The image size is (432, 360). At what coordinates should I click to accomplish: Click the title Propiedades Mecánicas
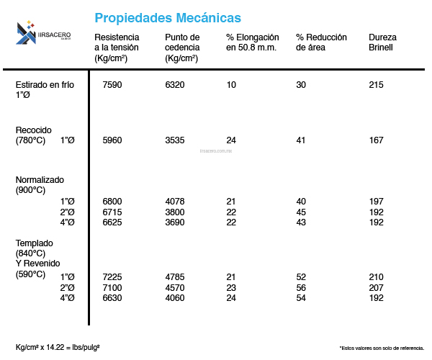[168, 17]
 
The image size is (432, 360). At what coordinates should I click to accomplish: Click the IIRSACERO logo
[45, 32]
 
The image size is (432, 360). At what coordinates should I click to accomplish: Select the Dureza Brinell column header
[382, 42]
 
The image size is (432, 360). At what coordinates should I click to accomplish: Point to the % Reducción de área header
[321, 42]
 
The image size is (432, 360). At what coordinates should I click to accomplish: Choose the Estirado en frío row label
[44, 89]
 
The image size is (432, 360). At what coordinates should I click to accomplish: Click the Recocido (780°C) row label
[34, 135]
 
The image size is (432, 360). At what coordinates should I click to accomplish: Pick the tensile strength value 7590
[112, 85]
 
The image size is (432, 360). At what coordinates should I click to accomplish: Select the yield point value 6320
[175, 85]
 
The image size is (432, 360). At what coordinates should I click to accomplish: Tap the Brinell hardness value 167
[376, 140]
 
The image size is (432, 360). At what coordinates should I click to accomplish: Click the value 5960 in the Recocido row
[112, 140]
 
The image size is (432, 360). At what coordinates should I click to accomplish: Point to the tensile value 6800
[112, 201]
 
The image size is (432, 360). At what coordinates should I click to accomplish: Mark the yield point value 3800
[175, 212]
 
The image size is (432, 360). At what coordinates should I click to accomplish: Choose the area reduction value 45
[301, 212]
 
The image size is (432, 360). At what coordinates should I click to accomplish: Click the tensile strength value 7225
[112, 277]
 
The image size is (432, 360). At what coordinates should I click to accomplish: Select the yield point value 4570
[175, 287]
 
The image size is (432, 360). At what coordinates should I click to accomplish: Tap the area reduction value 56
[301, 287]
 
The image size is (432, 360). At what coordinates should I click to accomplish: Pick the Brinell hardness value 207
[376, 287]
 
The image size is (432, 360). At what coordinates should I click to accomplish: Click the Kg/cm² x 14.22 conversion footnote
[58, 347]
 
